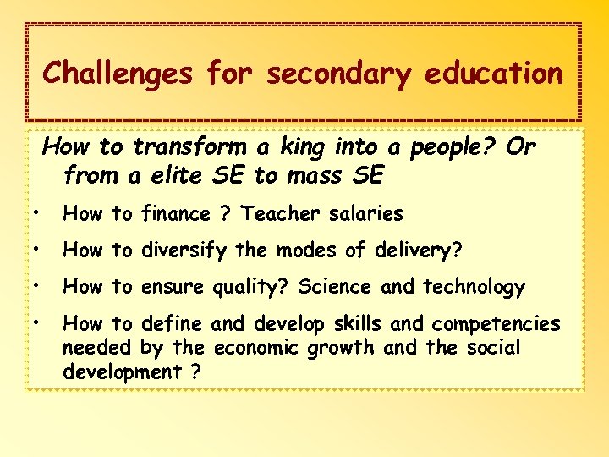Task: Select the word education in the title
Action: (x=493, y=74)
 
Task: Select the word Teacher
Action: (x=276, y=214)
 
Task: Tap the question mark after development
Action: (x=194, y=372)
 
